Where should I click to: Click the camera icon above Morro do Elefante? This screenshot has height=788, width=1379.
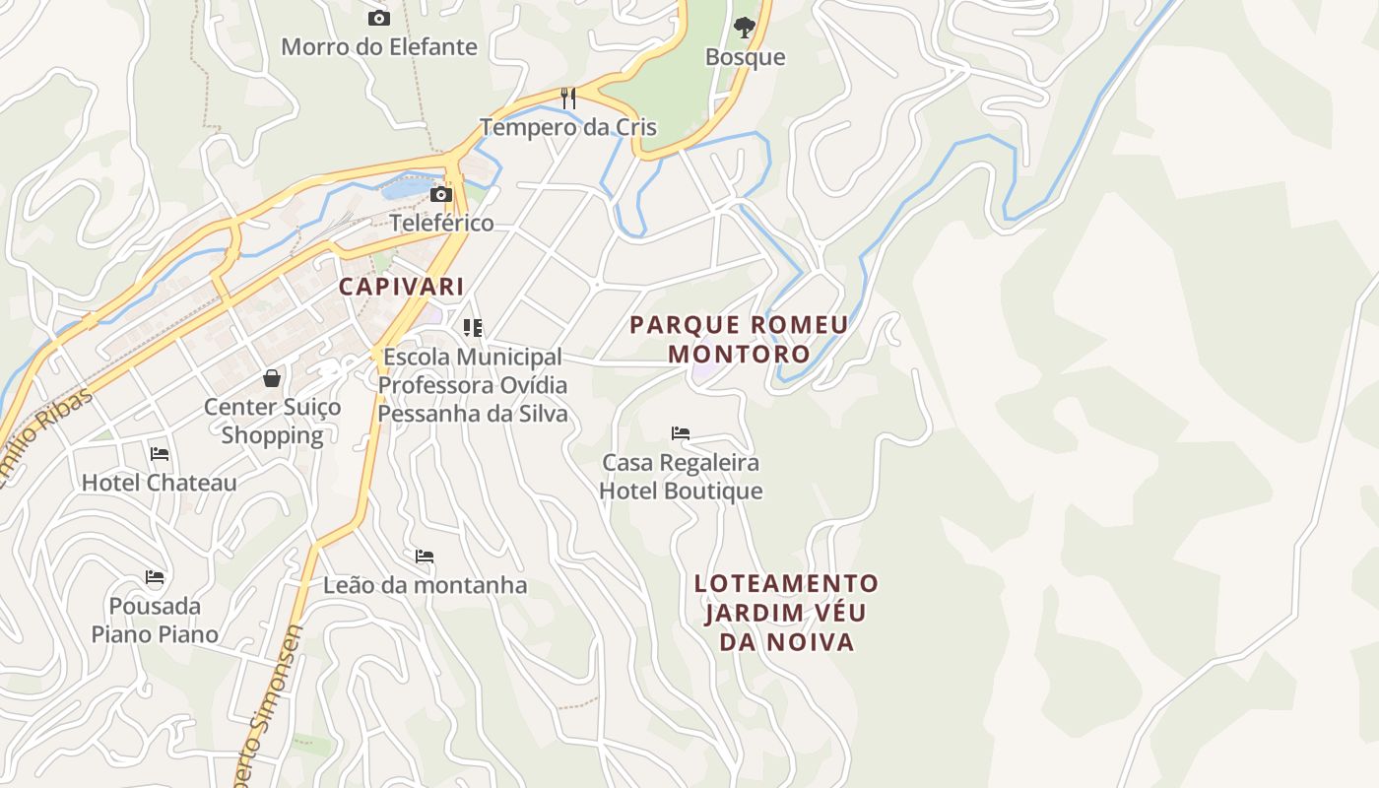click(378, 18)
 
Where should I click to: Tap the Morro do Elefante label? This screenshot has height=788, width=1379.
click(379, 47)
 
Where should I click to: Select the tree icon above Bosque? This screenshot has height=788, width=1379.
click(745, 27)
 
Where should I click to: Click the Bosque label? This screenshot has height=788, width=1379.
click(746, 57)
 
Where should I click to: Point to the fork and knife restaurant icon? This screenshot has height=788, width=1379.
click(567, 98)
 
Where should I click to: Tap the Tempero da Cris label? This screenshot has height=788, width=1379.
click(568, 127)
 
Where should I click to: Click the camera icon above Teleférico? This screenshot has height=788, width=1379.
click(441, 194)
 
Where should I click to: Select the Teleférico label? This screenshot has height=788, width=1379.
click(441, 223)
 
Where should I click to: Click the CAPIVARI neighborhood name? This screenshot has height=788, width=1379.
click(401, 287)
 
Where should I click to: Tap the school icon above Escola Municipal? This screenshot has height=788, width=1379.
click(473, 327)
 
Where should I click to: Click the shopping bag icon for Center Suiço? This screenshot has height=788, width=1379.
click(272, 377)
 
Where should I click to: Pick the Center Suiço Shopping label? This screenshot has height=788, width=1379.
click(272, 421)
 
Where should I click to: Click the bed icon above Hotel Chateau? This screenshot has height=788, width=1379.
click(160, 454)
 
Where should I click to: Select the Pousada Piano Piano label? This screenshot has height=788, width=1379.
click(155, 620)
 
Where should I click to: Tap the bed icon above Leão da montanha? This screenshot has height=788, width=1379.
click(425, 557)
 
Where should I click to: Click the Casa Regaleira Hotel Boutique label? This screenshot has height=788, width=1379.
click(681, 477)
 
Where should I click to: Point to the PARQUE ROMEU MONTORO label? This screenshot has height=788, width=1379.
click(739, 339)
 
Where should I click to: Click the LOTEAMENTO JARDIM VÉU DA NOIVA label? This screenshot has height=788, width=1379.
click(786, 613)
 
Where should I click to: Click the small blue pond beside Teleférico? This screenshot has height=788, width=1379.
click(410, 185)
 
